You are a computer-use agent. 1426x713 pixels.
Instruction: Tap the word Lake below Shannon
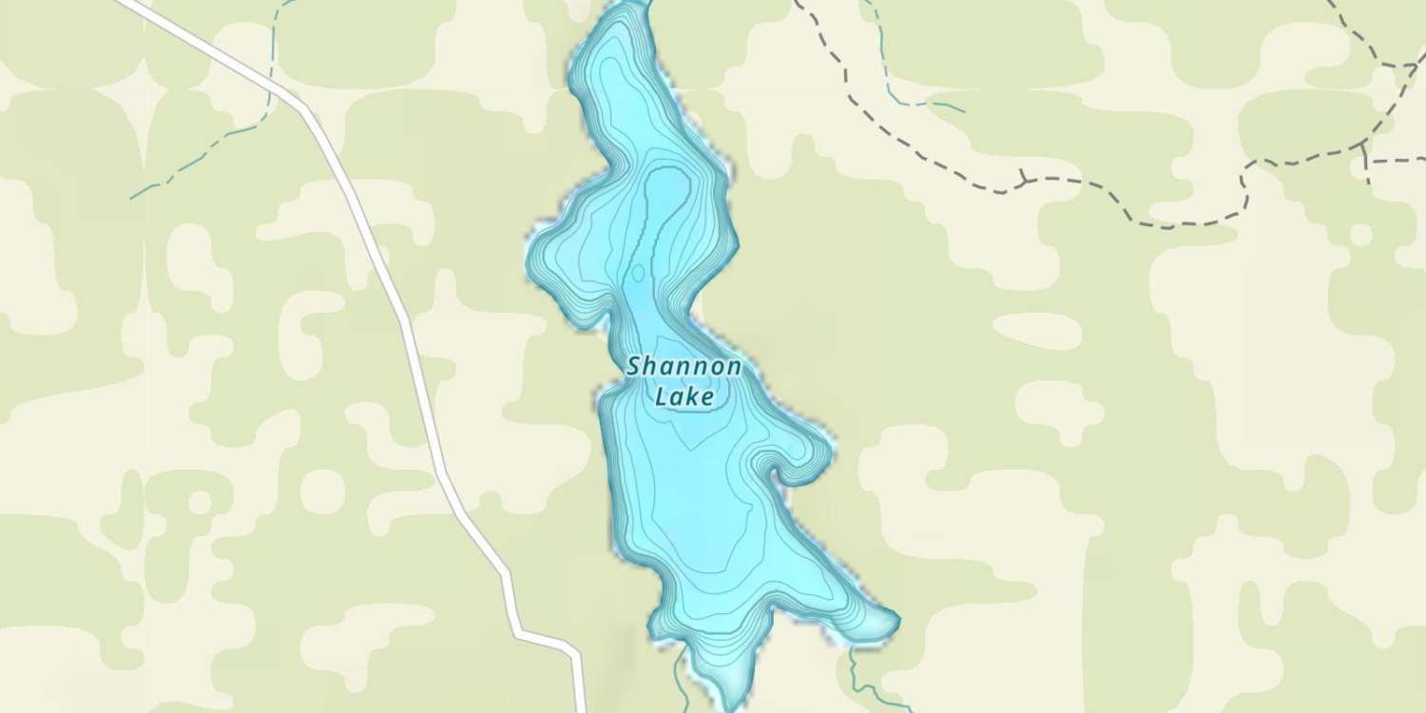click(x=684, y=395)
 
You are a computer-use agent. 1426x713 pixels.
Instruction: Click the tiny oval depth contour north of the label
click(x=637, y=274)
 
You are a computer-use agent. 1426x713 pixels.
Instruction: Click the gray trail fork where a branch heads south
click(x=1364, y=147)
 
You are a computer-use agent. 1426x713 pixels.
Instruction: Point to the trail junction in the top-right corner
click(x=1408, y=66)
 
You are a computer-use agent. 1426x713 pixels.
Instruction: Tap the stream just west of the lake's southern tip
click(x=679, y=675)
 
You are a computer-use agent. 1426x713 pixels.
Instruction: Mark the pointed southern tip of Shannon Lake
click(x=732, y=705)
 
